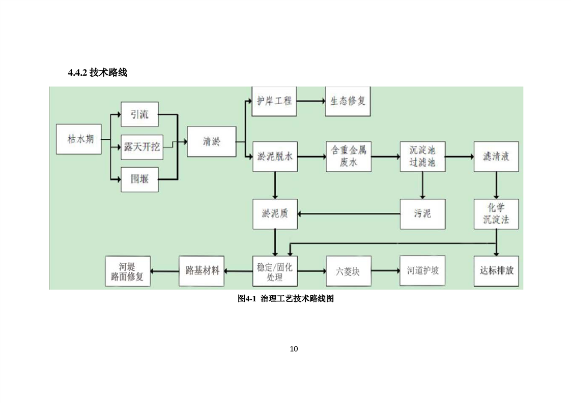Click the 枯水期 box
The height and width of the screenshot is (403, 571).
click(x=81, y=139)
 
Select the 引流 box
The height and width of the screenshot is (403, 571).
click(x=139, y=115)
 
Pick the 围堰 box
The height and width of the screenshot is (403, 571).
click(x=139, y=179)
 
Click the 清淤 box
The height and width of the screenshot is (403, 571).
click(x=211, y=141)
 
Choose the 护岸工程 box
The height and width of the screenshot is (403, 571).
click(x=274, y=101)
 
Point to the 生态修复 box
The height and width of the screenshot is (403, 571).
click(x=348, y=101)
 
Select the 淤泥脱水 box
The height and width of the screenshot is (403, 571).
click(x=275, y=157)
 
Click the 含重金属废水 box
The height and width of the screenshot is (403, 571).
click(x=348, y=157)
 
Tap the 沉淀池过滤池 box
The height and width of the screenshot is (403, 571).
click(x=422, y=157)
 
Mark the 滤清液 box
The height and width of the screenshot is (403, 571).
click(x=496, y=157)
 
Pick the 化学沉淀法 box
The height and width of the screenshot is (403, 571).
click(x=496, y=213)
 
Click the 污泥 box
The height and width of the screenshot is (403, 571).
click(x=422, y=213)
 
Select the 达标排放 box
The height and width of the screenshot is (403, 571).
click(x=496, y=270)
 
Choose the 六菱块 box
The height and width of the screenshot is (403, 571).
click(x=348, y=270)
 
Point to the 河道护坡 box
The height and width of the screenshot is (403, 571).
click(x=422, y=270)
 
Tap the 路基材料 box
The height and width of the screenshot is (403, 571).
click(x=202, y=270)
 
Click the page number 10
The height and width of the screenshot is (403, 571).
click(x=293, y=349)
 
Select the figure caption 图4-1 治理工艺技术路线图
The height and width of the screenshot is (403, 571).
click(x=285, y=299)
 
